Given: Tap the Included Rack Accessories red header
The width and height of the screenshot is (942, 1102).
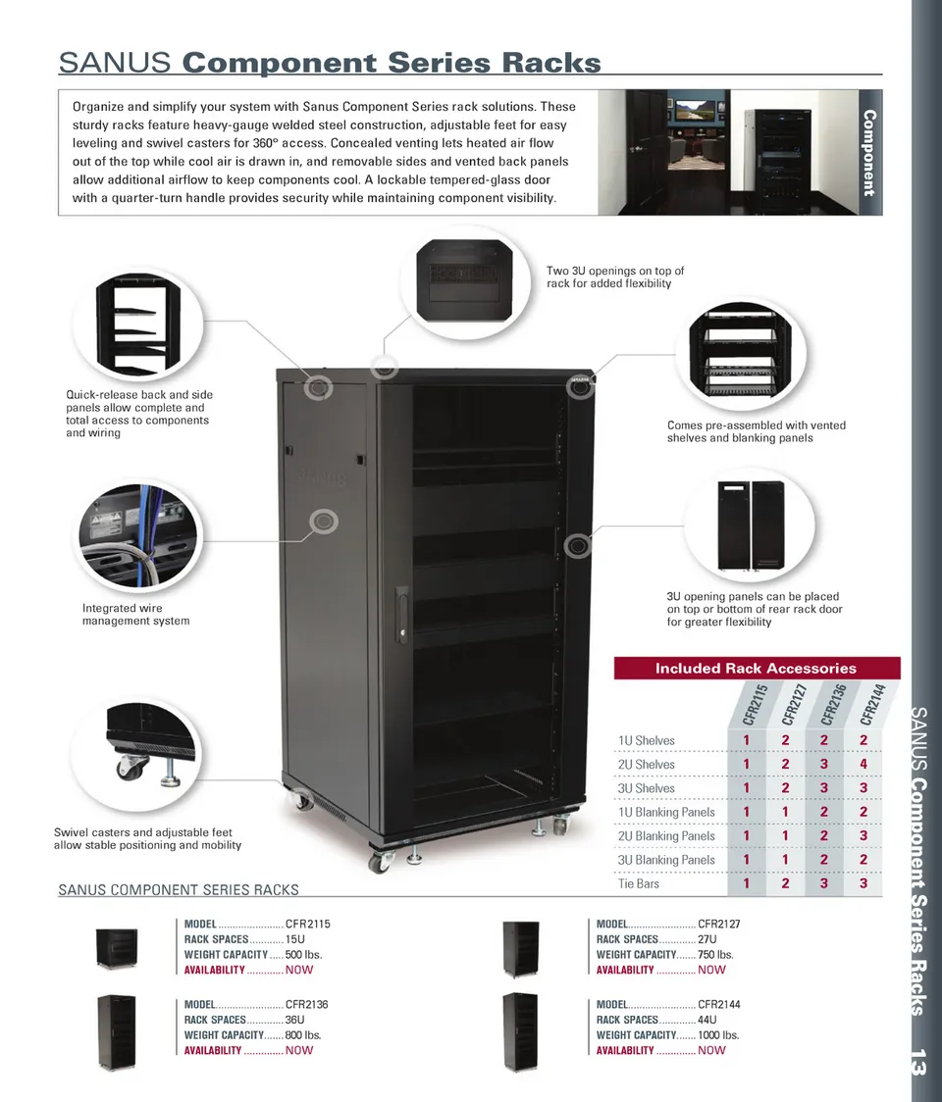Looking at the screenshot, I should pos(756,669).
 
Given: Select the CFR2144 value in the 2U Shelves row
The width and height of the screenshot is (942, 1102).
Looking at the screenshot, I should pos(863,765).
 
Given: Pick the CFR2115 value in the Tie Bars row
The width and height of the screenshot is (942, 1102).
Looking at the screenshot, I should pos(747,884).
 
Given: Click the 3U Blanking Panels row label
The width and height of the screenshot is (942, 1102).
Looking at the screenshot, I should pos(666,860).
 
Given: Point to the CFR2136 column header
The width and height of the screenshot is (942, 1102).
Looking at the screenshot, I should pos(834,705).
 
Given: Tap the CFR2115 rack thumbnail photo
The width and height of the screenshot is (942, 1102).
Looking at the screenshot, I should pos(117,948).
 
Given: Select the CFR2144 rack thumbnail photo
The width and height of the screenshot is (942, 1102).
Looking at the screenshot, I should pos(520,1030).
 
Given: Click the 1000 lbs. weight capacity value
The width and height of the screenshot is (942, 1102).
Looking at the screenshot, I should pos(718,1035).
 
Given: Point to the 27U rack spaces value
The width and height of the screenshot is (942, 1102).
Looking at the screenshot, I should pos(706,939).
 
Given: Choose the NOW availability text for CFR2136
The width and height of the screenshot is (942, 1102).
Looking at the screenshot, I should pos(299,1050).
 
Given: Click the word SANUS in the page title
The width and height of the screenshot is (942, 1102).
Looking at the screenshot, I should pos(117,63).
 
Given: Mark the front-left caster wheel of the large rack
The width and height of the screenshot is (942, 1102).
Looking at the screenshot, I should pos(378,862).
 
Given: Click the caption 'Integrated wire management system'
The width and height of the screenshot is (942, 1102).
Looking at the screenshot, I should pos(135,615).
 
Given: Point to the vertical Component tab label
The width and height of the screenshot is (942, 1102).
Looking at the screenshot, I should pos(868,153).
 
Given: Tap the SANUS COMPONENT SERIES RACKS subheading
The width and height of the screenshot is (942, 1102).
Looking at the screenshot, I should pos(179,890).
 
